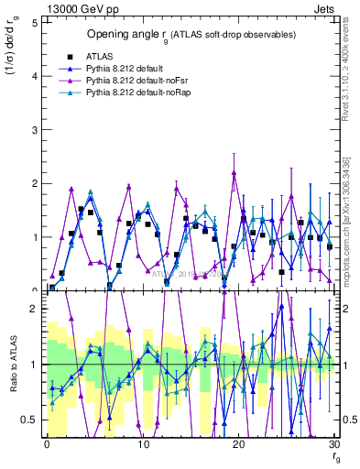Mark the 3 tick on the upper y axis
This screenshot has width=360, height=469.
coord(34,130)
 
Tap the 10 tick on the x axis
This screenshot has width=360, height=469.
coord(142,444)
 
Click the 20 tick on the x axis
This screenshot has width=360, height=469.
coord(238,444)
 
